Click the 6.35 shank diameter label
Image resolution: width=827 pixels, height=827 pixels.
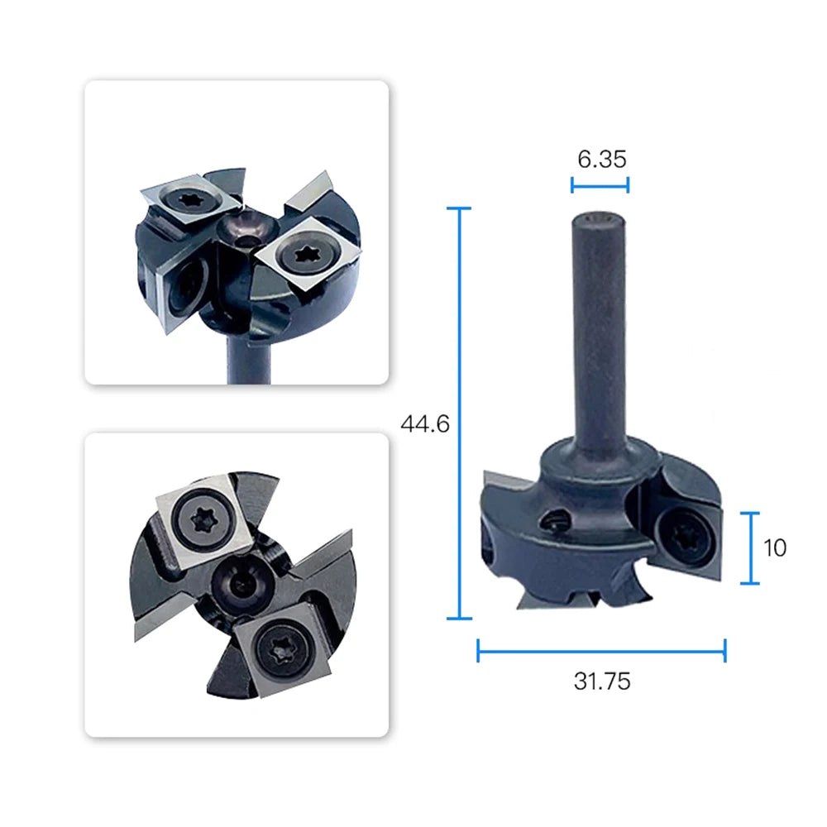pyautogui.click(x=602, y=159)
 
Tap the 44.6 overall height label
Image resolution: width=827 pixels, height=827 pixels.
pyautogui.click(x=425, y=424)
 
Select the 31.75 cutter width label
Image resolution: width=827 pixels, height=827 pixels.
pyautogui.click(x=602, y=681)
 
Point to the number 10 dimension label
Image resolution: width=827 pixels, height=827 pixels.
pyautogui.click(x=775, y=548)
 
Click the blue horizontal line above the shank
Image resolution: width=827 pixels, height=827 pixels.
pyautogui.click(x=600, y=185)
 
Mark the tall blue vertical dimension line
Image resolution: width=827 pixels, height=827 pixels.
pyautogui.click(x=460, y=413)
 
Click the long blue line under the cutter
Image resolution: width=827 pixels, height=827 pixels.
pyautogui.click(x=601, y=652)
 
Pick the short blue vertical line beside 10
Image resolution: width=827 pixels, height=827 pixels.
pyautogui.click(x=750, y=548)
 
